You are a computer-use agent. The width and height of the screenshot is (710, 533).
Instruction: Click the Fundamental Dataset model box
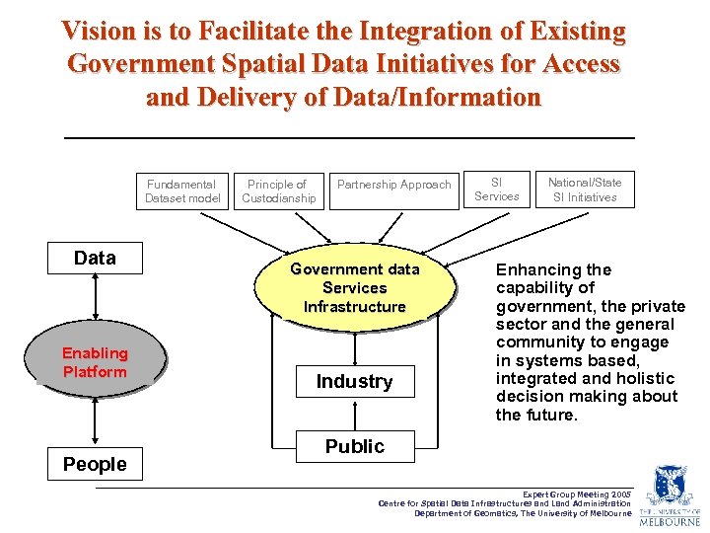click(182, 190)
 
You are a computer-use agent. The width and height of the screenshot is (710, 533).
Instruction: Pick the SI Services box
click(496, 190)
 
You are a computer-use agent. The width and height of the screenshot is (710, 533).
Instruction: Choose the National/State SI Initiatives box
click(585, 190)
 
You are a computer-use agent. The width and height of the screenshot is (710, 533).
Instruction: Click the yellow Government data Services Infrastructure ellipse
click(354, 287)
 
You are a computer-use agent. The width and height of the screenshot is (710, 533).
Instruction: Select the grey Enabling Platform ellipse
click(95, 362)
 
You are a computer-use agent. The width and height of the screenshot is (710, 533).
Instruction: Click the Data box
click(95, 259)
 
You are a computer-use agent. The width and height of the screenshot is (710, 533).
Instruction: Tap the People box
click(95, 464)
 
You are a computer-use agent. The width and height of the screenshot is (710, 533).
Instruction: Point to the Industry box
click(354, 382)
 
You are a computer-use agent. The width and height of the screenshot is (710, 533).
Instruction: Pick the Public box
click(354, 446)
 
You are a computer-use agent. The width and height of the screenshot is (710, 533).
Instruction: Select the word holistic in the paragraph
click(644, 378)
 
